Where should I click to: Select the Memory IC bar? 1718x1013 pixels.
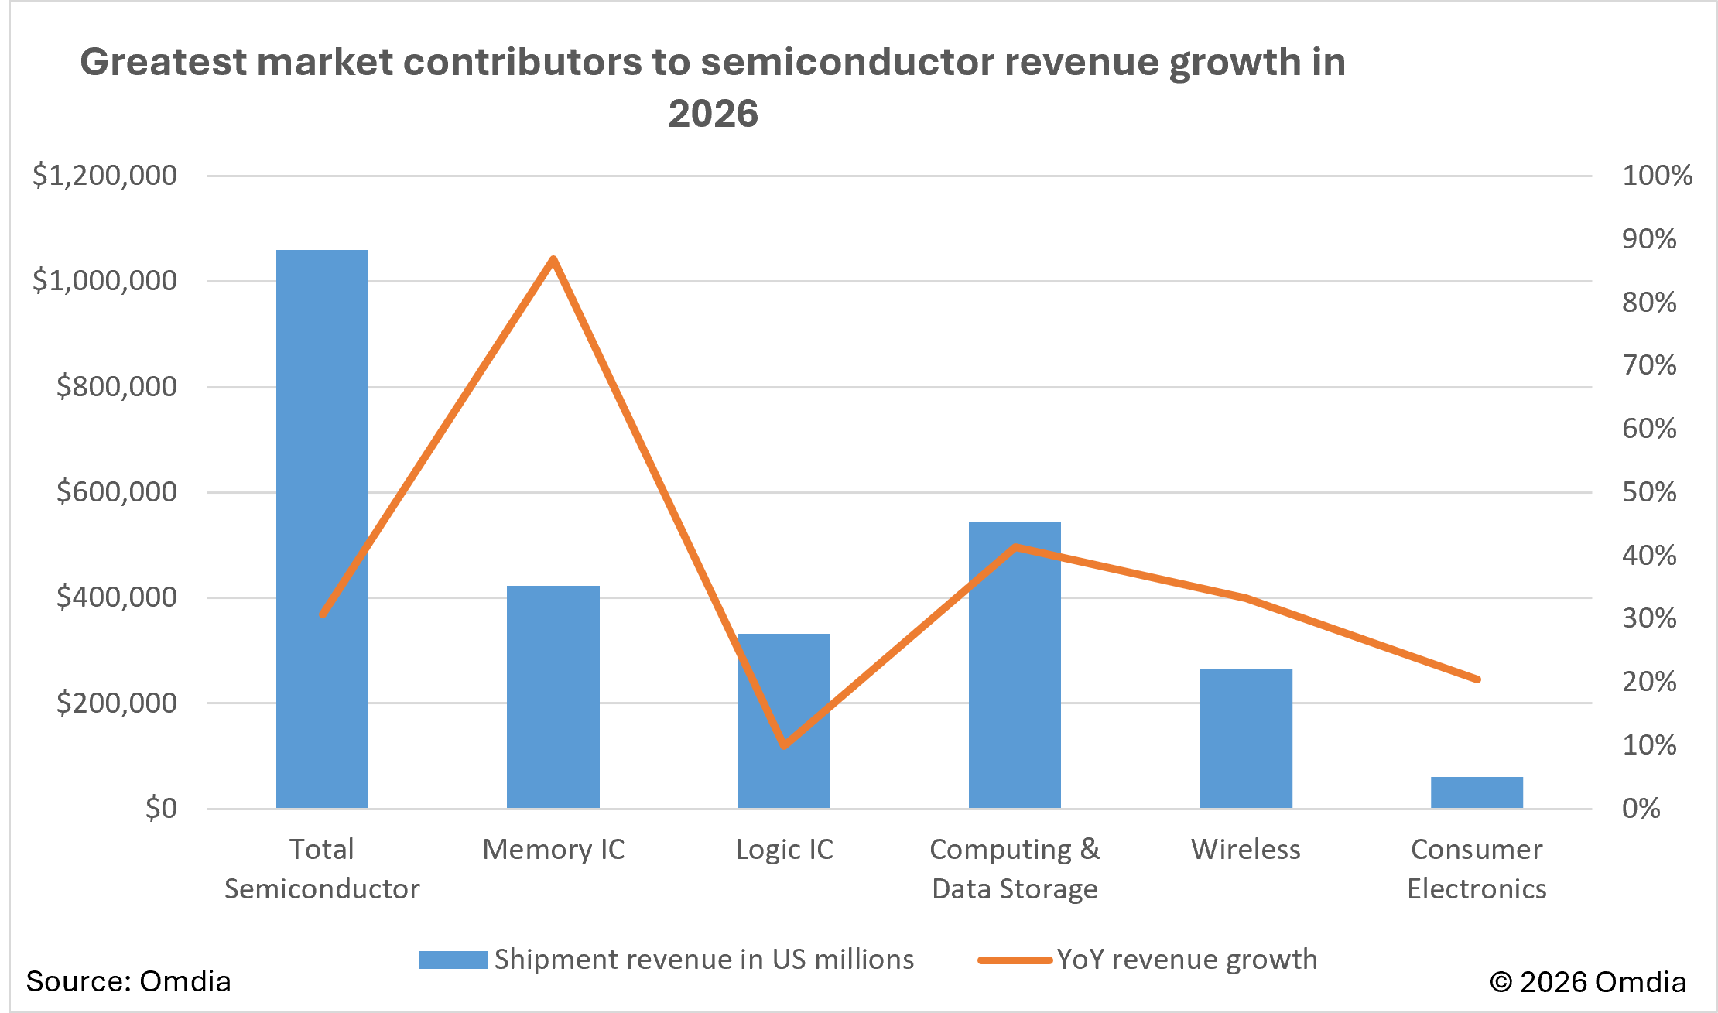tap(553, 696)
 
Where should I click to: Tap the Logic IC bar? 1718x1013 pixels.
tap(784, 720)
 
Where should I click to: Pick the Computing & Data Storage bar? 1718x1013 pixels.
tap(1015, 665)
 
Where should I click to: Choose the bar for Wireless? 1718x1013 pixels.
tap(1245, 738)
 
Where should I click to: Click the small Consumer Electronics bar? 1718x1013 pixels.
tap(1476, 792)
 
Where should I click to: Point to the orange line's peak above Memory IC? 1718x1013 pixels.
tap(553, 259)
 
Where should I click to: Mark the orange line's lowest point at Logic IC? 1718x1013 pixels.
tap(784, 745)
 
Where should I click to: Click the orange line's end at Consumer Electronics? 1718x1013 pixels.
tap(1477, 679)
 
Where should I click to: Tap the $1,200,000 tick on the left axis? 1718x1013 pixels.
tap(104, 176)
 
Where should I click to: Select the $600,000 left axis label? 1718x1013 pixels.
tap(116, 491)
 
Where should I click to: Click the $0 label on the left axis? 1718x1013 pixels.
tap(161, 808)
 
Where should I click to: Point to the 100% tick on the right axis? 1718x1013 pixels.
tap(1657, 176)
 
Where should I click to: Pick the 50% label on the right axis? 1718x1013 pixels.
tap(1649, 492)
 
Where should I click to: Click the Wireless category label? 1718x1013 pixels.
tap(1245, 850)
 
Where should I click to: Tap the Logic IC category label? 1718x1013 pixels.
tap(784, 850)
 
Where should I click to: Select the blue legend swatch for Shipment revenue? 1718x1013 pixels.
tap(453, 960)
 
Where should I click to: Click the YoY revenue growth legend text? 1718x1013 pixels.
tap(1186, 960)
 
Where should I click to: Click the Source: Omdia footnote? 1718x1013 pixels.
tap(128, 981)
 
